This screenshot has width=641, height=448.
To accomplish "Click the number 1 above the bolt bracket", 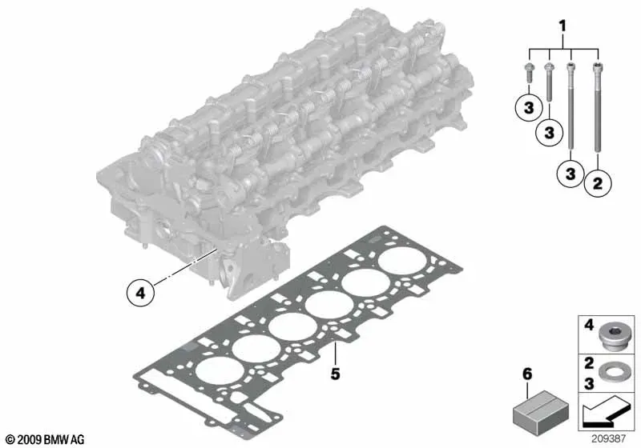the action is click(x=562, y=26).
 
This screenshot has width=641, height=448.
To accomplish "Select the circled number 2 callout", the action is click(x=597, y=183).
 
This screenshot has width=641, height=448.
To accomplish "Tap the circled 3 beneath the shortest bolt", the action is click(x=529, y=108).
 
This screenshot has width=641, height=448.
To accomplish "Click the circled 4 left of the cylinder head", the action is click(x=140, y=293).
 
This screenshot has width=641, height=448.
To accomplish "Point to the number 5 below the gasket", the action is click(x=335, y=374).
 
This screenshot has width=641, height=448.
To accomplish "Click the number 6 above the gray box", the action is click(x=527, y=374).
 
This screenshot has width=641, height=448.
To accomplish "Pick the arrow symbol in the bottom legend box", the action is click(x=607, y=413).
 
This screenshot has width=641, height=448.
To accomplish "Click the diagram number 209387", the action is click(x=608, y=438).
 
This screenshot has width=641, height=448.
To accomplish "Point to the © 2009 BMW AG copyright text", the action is click(x=46, y=439).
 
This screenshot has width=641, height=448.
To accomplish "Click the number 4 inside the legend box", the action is click(x=589, y=326).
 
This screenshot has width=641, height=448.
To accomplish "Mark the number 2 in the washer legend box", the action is click(x=589, y=363).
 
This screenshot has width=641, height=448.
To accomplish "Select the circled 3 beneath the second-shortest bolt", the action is click(x=549, y=132).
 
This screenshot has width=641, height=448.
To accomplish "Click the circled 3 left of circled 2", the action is click(x=570, y=174).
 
